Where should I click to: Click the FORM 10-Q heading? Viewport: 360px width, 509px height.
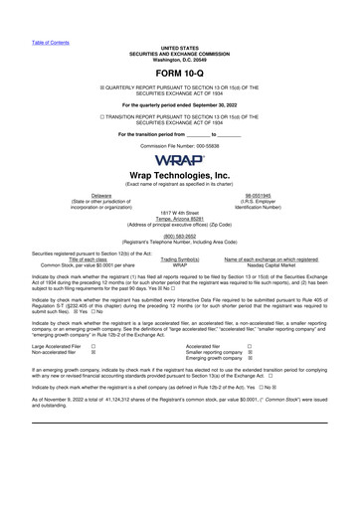click(x=179, y=74)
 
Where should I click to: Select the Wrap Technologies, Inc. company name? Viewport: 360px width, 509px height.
click(x=180, y=175)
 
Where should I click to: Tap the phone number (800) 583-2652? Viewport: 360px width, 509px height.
click(x=180, y=236)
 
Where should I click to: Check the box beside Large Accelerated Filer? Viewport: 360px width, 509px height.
click(x=93, y=346)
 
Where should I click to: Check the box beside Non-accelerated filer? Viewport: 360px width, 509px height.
click(x=93, y=353)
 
